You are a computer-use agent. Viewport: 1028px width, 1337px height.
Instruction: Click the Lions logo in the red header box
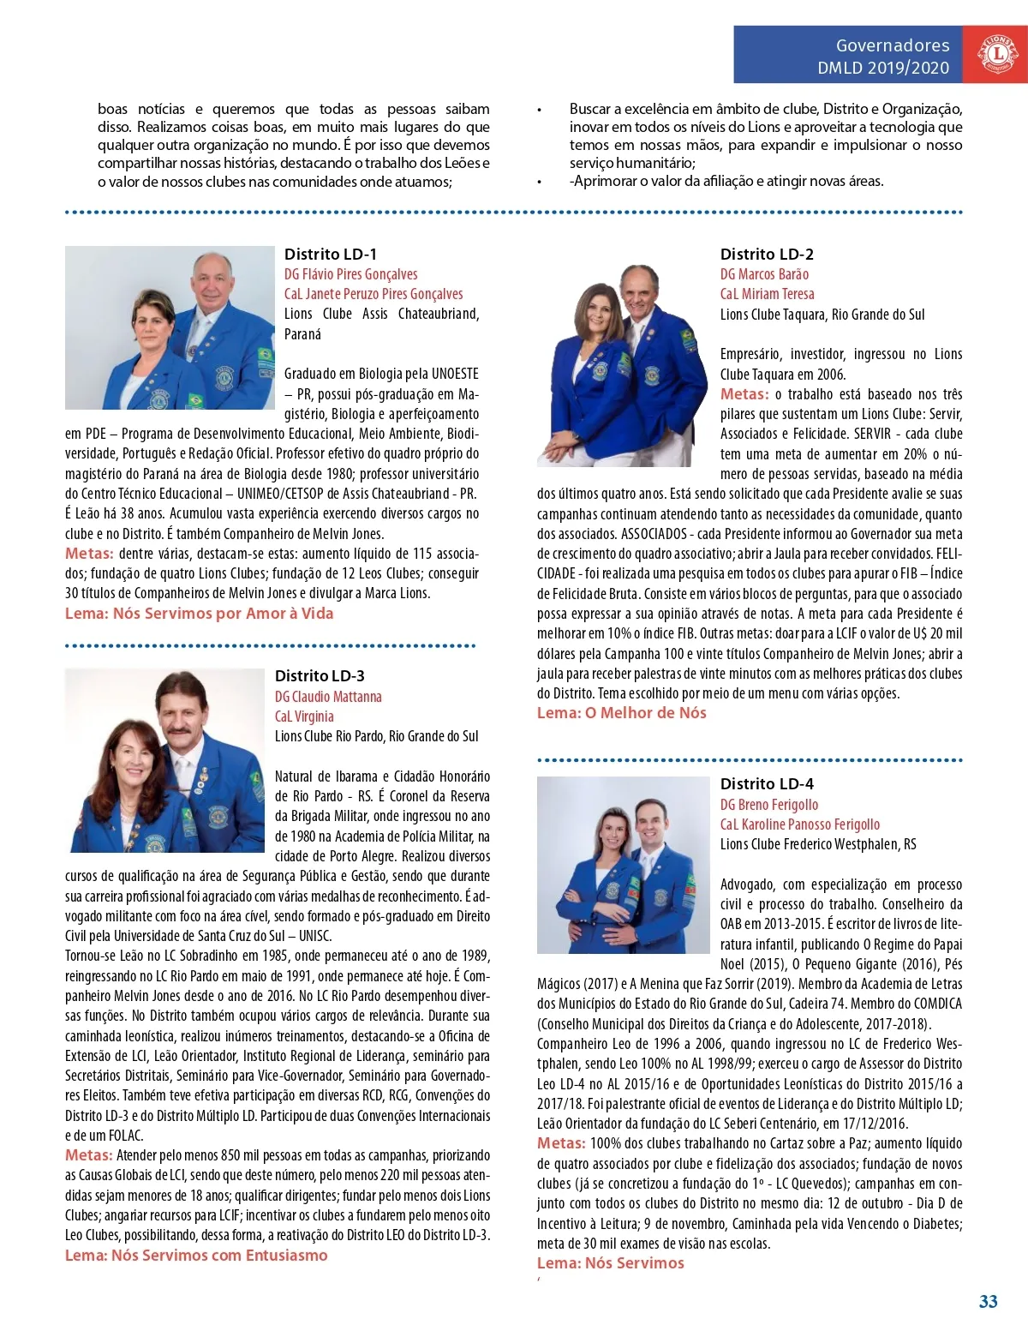[x=996, y=54]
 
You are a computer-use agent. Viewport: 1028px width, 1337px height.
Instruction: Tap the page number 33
[x=988, y=1301]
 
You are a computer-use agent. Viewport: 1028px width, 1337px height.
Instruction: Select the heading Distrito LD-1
[x=331, y=254]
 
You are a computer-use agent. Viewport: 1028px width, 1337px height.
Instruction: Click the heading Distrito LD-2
[x=767, y=254]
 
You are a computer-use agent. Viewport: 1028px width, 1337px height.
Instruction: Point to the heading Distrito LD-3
[x=320, y=675]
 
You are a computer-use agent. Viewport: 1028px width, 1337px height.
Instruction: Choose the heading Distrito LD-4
[x=767, y=783]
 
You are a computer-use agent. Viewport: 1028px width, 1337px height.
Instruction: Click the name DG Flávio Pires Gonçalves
[x=351, y=274]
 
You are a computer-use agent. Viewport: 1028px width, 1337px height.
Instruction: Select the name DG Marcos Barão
[x=764, y=274]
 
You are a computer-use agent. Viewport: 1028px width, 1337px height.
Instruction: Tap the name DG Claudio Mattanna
[x=328, y=697]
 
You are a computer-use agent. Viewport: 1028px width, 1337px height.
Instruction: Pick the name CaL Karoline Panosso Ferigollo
[x=800, y=824]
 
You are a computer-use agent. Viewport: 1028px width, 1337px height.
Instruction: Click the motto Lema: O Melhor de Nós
[x=621, y=713]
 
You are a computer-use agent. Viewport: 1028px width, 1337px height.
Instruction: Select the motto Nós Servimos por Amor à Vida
[x=223, y=614]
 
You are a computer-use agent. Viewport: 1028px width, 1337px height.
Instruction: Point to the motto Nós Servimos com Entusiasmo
[x=219, y=1256]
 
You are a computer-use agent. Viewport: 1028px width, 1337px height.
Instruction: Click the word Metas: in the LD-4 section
[x=561, y=1143]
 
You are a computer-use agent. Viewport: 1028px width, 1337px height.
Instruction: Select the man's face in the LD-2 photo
[x=639, y=291]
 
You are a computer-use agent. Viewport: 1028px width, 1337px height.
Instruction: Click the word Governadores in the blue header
[x=893, y=45]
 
